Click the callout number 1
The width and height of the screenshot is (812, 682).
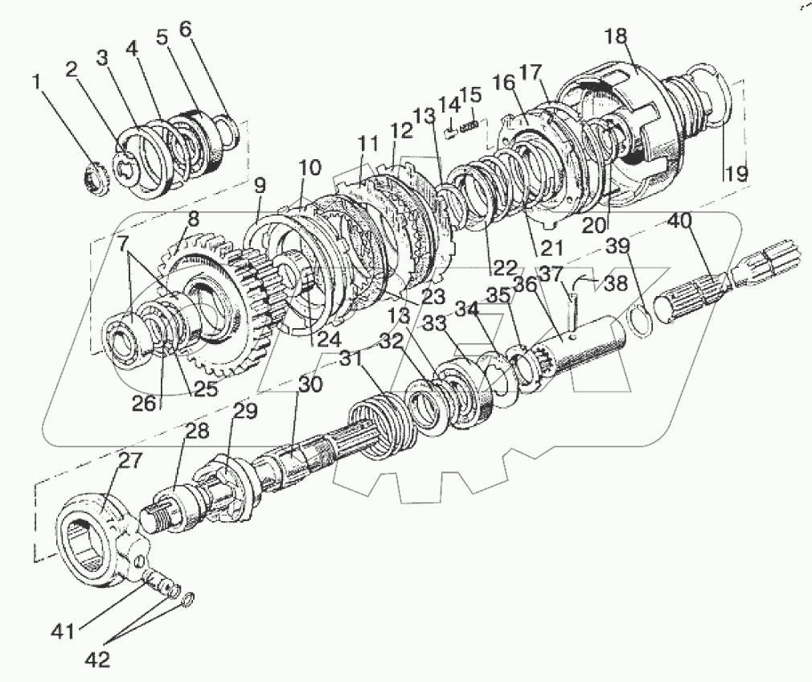(35, 80)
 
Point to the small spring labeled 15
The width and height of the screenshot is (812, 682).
(474, 124)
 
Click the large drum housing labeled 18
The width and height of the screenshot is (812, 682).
(643, 121)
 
